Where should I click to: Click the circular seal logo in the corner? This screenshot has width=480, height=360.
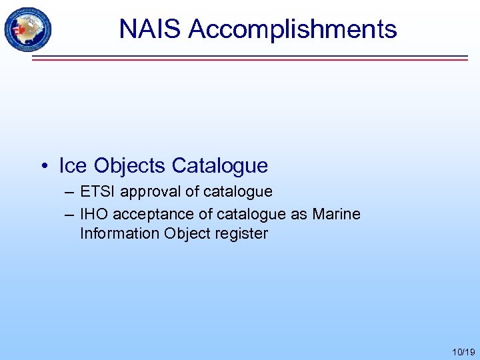pyautogui.click(x=27, y=29)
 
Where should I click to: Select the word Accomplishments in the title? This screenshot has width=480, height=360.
pyautogui.click(x=293, y=29)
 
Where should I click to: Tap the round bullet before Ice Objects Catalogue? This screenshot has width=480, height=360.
pyautogui.click(x=45, y=165)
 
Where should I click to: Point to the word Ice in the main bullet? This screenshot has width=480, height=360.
pyautogui.click(x=73, y=165)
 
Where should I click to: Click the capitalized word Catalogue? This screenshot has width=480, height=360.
pyautogui.click(x=220, y=165)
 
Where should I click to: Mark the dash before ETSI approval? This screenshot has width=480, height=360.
pyautogui.click(x=71, y=192)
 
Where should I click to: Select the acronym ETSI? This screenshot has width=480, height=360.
pyautogui.click(x=97, y=192)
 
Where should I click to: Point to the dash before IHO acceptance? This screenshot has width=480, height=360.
pyautogui.click(x=71, y=214)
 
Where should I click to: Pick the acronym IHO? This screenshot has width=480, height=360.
pyautogui.click(x=93, y=214)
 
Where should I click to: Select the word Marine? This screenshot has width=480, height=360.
pyautogui.click(x=336, y=214)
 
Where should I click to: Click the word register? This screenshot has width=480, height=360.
pyautogui.click(x=241, y=233)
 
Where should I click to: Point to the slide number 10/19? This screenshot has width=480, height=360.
pyautogui.click(x=463, y=351)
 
